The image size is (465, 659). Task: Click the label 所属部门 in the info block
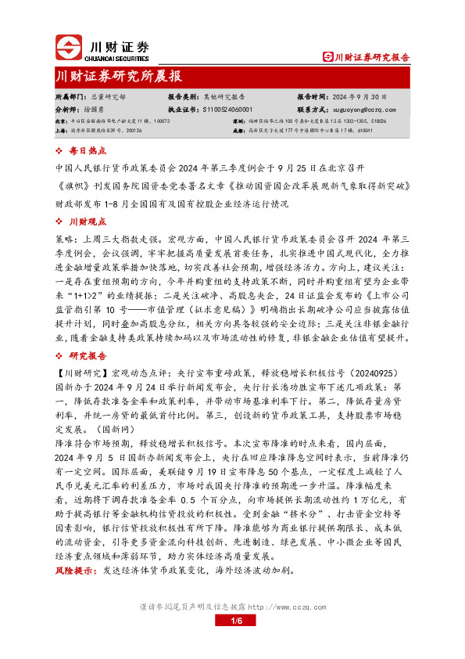point(69,98)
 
